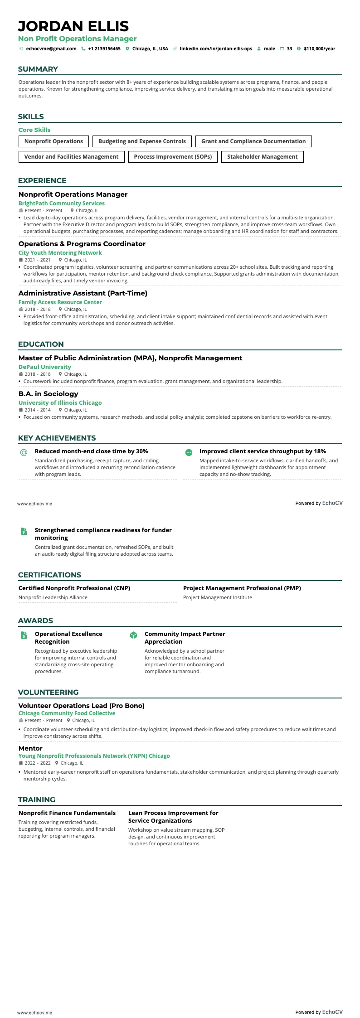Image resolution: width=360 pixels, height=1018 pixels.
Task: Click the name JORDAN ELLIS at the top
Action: click(x=73, y=26)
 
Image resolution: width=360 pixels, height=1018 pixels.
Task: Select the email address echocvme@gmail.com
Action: click(x=51, y=48)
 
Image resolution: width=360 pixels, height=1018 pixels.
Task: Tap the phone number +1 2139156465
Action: click(x=104, y=48)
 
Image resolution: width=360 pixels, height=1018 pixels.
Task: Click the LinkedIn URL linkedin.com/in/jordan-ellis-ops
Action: click(x=216, y=48)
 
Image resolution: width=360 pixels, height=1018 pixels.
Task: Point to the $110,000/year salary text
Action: click(x=319, y=48)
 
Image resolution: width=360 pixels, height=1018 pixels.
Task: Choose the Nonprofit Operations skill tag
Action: click(x=54, y=141)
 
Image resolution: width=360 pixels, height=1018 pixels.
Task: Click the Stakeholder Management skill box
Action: click(x=262, y=157)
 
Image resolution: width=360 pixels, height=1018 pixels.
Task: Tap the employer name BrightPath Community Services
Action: click(x=62, y=204)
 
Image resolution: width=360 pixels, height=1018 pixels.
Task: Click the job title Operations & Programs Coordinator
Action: click(x=82, y=244)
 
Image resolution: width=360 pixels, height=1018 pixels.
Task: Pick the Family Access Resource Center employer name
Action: click(x=60, y=302)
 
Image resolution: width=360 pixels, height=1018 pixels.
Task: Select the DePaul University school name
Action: click(x=45, y=367)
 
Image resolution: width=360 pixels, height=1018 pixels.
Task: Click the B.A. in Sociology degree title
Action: click(x=49, y=394)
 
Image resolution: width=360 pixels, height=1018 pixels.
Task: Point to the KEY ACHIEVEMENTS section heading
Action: click(x=57, y=438)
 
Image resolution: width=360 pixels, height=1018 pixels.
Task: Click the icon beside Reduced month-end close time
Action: click(x=24, y=452)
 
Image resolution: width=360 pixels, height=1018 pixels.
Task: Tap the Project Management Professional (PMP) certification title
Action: click(x=242, y=588)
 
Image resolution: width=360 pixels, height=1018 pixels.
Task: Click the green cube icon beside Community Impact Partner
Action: click(x=133, y=635)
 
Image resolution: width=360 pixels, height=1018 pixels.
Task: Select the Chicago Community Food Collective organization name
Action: click(x=67, y=713)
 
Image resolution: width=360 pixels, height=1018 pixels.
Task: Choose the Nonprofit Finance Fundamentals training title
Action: click(x=67, y=813)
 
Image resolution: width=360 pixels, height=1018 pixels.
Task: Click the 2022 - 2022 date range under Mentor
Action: click(x=38, y=763)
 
